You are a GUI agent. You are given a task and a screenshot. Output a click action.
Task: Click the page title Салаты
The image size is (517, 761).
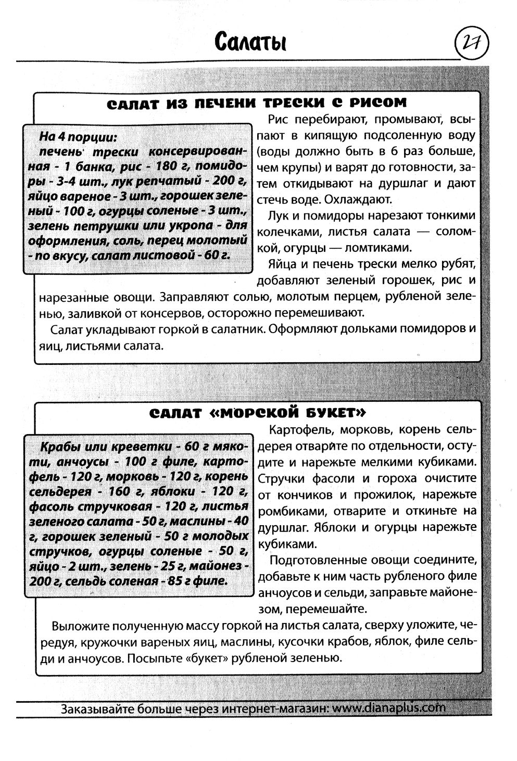pos(250,42)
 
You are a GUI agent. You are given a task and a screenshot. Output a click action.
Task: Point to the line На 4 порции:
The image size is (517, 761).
pos(78,137)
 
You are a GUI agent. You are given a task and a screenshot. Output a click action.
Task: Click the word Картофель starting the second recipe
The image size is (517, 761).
pos(298,430)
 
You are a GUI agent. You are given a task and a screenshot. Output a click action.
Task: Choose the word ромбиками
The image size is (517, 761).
pos(286,511)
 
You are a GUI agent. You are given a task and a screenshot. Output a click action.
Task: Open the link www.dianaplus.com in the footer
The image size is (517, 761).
pos(388,708)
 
